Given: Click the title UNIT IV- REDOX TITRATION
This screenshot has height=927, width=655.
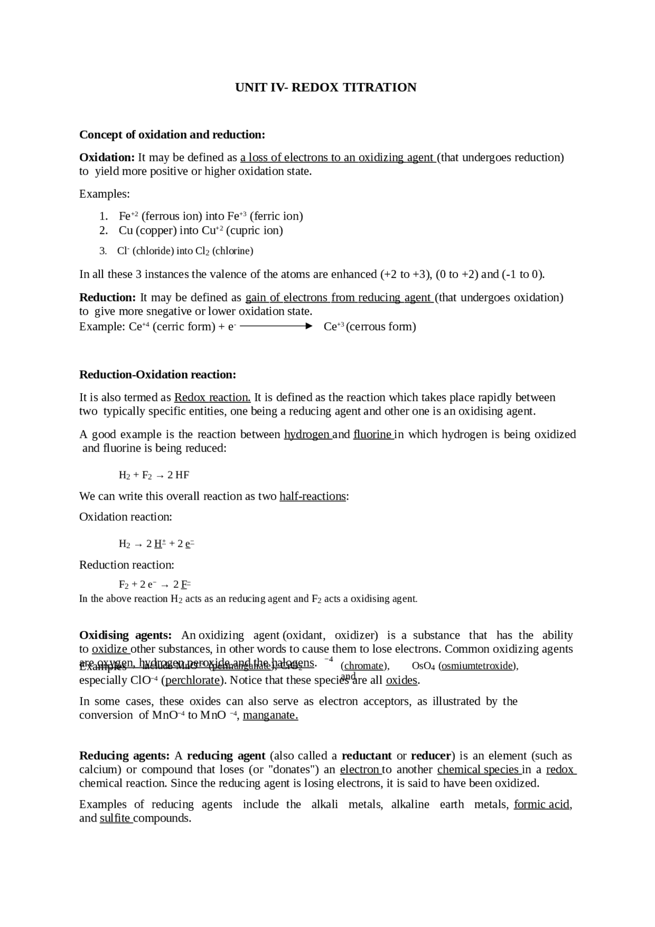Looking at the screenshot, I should pyautogui.click(x=325, y=88).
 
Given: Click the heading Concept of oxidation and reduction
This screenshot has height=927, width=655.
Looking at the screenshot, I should pyautogui.click(x=172, y=135).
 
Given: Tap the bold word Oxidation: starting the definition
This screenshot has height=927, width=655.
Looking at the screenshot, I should pyautogui.click(x=106, y=158).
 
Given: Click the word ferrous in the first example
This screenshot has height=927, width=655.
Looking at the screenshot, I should pyautogui.click(x=160, y=216).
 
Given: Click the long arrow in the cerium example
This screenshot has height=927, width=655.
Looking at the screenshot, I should pyautogui.click(x=275, y=326).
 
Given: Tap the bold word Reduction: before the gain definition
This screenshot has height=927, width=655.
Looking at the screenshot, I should pyautogui.click(x=107, y=297).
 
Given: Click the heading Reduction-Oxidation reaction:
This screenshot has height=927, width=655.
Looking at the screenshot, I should pyautogui.click(x=158, y=375).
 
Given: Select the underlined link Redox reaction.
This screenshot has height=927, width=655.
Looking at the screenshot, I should pyautogui.click(x=212, y=398).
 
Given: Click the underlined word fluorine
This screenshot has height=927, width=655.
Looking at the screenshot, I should pyautogui.click(x=372, y=435).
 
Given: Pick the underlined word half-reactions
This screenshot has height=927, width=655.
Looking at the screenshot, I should pyautogui.click(x=313, y=497).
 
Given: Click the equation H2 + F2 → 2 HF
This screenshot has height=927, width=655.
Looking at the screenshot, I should pyautogui.click(x=154, y=476).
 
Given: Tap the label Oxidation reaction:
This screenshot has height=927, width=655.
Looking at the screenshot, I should pyautogui.click(x=125, y=517).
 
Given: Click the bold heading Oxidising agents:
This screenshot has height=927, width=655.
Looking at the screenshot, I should pyautogui.click(x=125, y=635).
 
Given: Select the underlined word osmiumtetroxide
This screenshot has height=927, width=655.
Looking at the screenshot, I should pyautogui.click(x=477, y=666).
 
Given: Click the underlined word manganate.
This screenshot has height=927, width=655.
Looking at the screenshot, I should pyautogui.click(x=270, y=715).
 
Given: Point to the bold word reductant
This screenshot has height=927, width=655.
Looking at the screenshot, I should pyautogui.click(x=366, y=756).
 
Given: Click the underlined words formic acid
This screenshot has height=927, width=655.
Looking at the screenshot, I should pyautogui.click(x=542, y=805).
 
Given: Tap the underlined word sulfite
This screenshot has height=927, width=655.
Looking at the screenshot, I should pyautogui.click(x=115, y=818).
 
